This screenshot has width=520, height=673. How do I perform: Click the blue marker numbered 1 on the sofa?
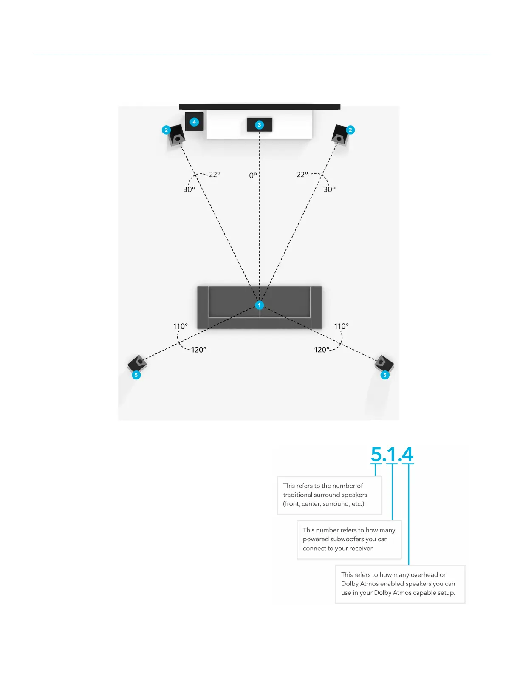tap(260, 305)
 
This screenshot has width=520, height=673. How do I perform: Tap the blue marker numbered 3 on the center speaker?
tap(260, 125)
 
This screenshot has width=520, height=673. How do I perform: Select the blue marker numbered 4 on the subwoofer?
tap(194, 122)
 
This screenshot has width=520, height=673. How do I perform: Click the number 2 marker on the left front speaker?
tap(166, 130)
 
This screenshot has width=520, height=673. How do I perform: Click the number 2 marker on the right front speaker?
tap(350, 130)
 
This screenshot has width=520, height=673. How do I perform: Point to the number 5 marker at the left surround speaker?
tap(136, 375)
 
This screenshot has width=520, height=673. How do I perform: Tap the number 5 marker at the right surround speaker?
tap(385, 375)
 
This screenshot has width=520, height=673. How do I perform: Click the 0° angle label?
tap(253, 175)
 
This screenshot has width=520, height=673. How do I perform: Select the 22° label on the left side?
tap(215, 175)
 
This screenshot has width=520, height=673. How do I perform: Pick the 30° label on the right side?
tap(329, 189)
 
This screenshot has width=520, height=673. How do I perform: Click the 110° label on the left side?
tap(180, 326)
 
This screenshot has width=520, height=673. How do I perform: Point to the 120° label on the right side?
tap(322, 350)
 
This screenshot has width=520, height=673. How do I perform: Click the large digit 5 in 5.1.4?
tap(376, 454)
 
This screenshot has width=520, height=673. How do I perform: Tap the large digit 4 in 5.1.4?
tap(407, 454)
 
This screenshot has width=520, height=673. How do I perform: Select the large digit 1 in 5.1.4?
tap(392, 454)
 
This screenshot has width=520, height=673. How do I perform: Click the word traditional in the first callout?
tap(297, 495)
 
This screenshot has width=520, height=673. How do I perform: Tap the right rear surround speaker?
tap(384, 364)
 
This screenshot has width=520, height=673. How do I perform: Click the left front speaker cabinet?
tap(177, 136)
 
